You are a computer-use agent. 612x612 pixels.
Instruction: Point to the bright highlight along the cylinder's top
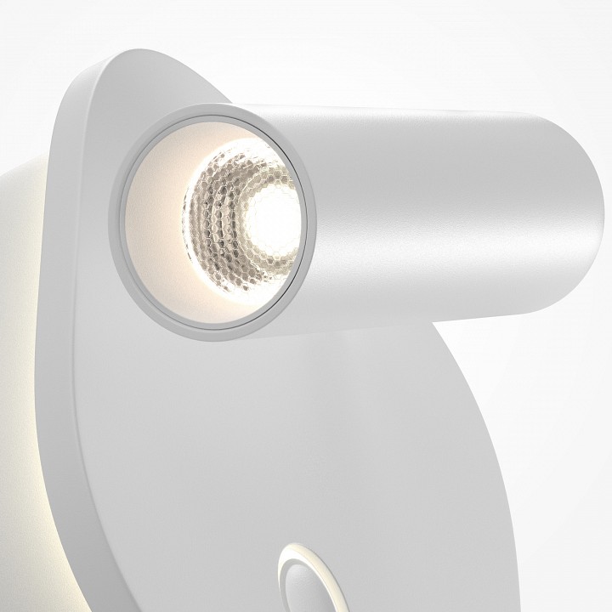click(x=408, y=115)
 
